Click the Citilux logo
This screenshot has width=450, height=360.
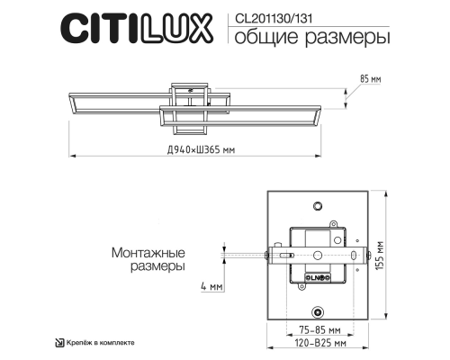coord(136,28)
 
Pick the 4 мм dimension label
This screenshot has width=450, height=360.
coord(210,287)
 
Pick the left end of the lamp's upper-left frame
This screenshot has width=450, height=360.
coord(72,100)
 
